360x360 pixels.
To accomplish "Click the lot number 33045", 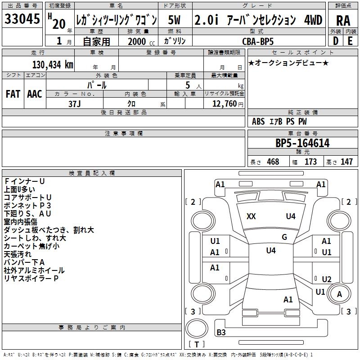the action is pyautogui.click(x=22, y=19).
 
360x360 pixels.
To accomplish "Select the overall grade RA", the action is pyautogui.click(x=343, y=21).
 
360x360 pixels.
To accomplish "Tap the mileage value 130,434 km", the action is pyautogui.click(x=53, y=65).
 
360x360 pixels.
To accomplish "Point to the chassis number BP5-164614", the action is pyautogui.click(x=302, y=143).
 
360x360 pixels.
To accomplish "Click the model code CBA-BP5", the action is pyautogui.click(x=258, y=41).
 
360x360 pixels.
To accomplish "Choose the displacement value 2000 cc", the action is pyautogui.click(x=141, y=41).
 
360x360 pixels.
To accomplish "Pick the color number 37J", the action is pyautogui.click(x=75, y=104).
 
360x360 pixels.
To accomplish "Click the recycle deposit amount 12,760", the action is pyautogui.click(x=225, y=104).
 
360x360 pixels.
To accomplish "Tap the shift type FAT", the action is pyautogui.click(x=13, y=94).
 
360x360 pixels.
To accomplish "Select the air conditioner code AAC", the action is pyautogui.click(x=35, y=94).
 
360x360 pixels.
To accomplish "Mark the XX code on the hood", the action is pyautogui.click(x=251, y=216).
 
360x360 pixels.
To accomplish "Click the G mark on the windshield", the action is pyautogui.click(x=284, y=237).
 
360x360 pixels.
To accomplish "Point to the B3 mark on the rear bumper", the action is pyautogui.click(x=221, y=332).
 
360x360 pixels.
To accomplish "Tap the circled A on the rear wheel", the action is pyautogui.click(x=339, y=294).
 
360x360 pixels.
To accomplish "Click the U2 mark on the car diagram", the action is pyautogui.click(x=327, y=279).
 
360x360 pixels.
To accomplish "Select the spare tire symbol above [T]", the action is pyautogui.click(x=197, y=328).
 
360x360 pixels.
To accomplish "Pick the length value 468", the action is pyautogui.click(x=273, y=162).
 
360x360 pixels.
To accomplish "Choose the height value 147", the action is pyautogui.click(x=346, y=162).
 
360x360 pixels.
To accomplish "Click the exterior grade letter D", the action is pyautogui.click(x=336, y=41).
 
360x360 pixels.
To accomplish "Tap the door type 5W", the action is pyautogui.click(x=175, y=20).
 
